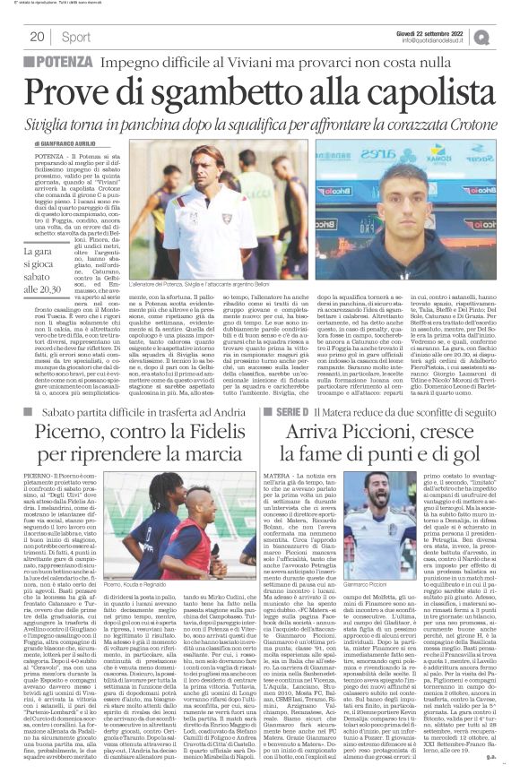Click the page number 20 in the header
37,37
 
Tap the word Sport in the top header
77,37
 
